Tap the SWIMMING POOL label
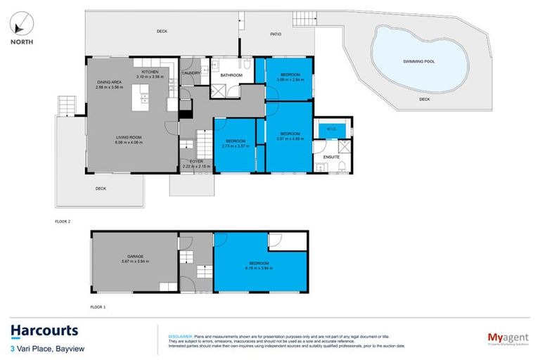(x=419, y=62)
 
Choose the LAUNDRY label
(x=192, y=72)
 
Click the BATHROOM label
(x=231, y=75)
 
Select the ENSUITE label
(x=332, y=157)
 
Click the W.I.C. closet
(x=328, y=129)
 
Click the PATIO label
(x=277, y=33)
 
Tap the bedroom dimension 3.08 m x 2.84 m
(x=290, y=79)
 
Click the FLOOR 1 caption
(x=98, y=307)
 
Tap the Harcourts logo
(x=44, y=330)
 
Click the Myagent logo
(x=503, y=337)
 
